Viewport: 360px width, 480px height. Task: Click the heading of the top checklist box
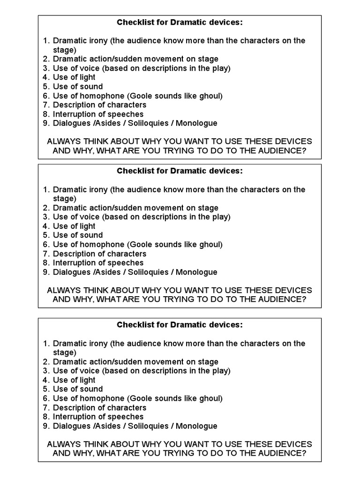tap(180, 22)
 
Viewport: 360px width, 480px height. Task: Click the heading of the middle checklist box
tap(180, 171)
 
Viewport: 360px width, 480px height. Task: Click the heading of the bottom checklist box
tap(180, 325)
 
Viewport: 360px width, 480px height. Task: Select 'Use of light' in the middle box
tap(74, 226)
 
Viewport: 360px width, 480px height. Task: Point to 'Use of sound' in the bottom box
tap(78, 389)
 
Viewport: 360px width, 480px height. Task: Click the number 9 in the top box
tap(45, 123)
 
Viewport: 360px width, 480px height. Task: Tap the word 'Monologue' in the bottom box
tap(196, 426)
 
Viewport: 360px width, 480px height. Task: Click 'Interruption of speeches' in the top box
tap(98, 114)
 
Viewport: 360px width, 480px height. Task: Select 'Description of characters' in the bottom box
tap(99, 408)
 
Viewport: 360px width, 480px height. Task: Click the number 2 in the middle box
tap(45, 208)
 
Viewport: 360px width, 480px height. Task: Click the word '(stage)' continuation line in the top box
tap(64, 50)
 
